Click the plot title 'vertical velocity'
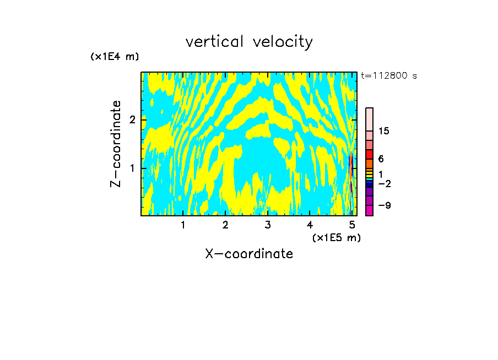249,42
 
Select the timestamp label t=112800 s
389,76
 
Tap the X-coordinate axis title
249,254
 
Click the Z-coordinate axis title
116,144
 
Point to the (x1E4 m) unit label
115,57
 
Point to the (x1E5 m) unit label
336,237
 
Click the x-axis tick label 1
183,225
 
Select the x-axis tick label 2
225,225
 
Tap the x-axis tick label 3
268,225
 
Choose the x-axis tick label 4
310,225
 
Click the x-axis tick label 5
352,225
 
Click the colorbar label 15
384,131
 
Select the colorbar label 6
381,159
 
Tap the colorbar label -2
384,184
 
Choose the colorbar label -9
384,206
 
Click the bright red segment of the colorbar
369,154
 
